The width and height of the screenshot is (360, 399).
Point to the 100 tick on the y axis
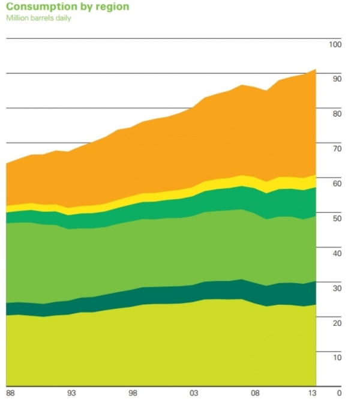point(335,45)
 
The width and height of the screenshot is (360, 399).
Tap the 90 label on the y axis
point(337,79)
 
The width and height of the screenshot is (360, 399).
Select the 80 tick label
point(337,114)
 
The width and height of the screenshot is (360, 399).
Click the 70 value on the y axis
point(337,149)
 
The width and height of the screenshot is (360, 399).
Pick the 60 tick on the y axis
point(337,184)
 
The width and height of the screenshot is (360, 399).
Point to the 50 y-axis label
point(337,218)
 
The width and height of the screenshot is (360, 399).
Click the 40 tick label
point(337,254)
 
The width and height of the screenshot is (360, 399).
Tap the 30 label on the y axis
point(337,289)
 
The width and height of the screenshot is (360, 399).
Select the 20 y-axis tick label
point(337,323)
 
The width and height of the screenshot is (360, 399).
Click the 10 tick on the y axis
point(337,358)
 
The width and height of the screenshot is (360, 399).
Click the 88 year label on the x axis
point(10,393)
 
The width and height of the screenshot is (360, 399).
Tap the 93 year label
point(71,393)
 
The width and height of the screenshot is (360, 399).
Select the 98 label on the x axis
point(133,393)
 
